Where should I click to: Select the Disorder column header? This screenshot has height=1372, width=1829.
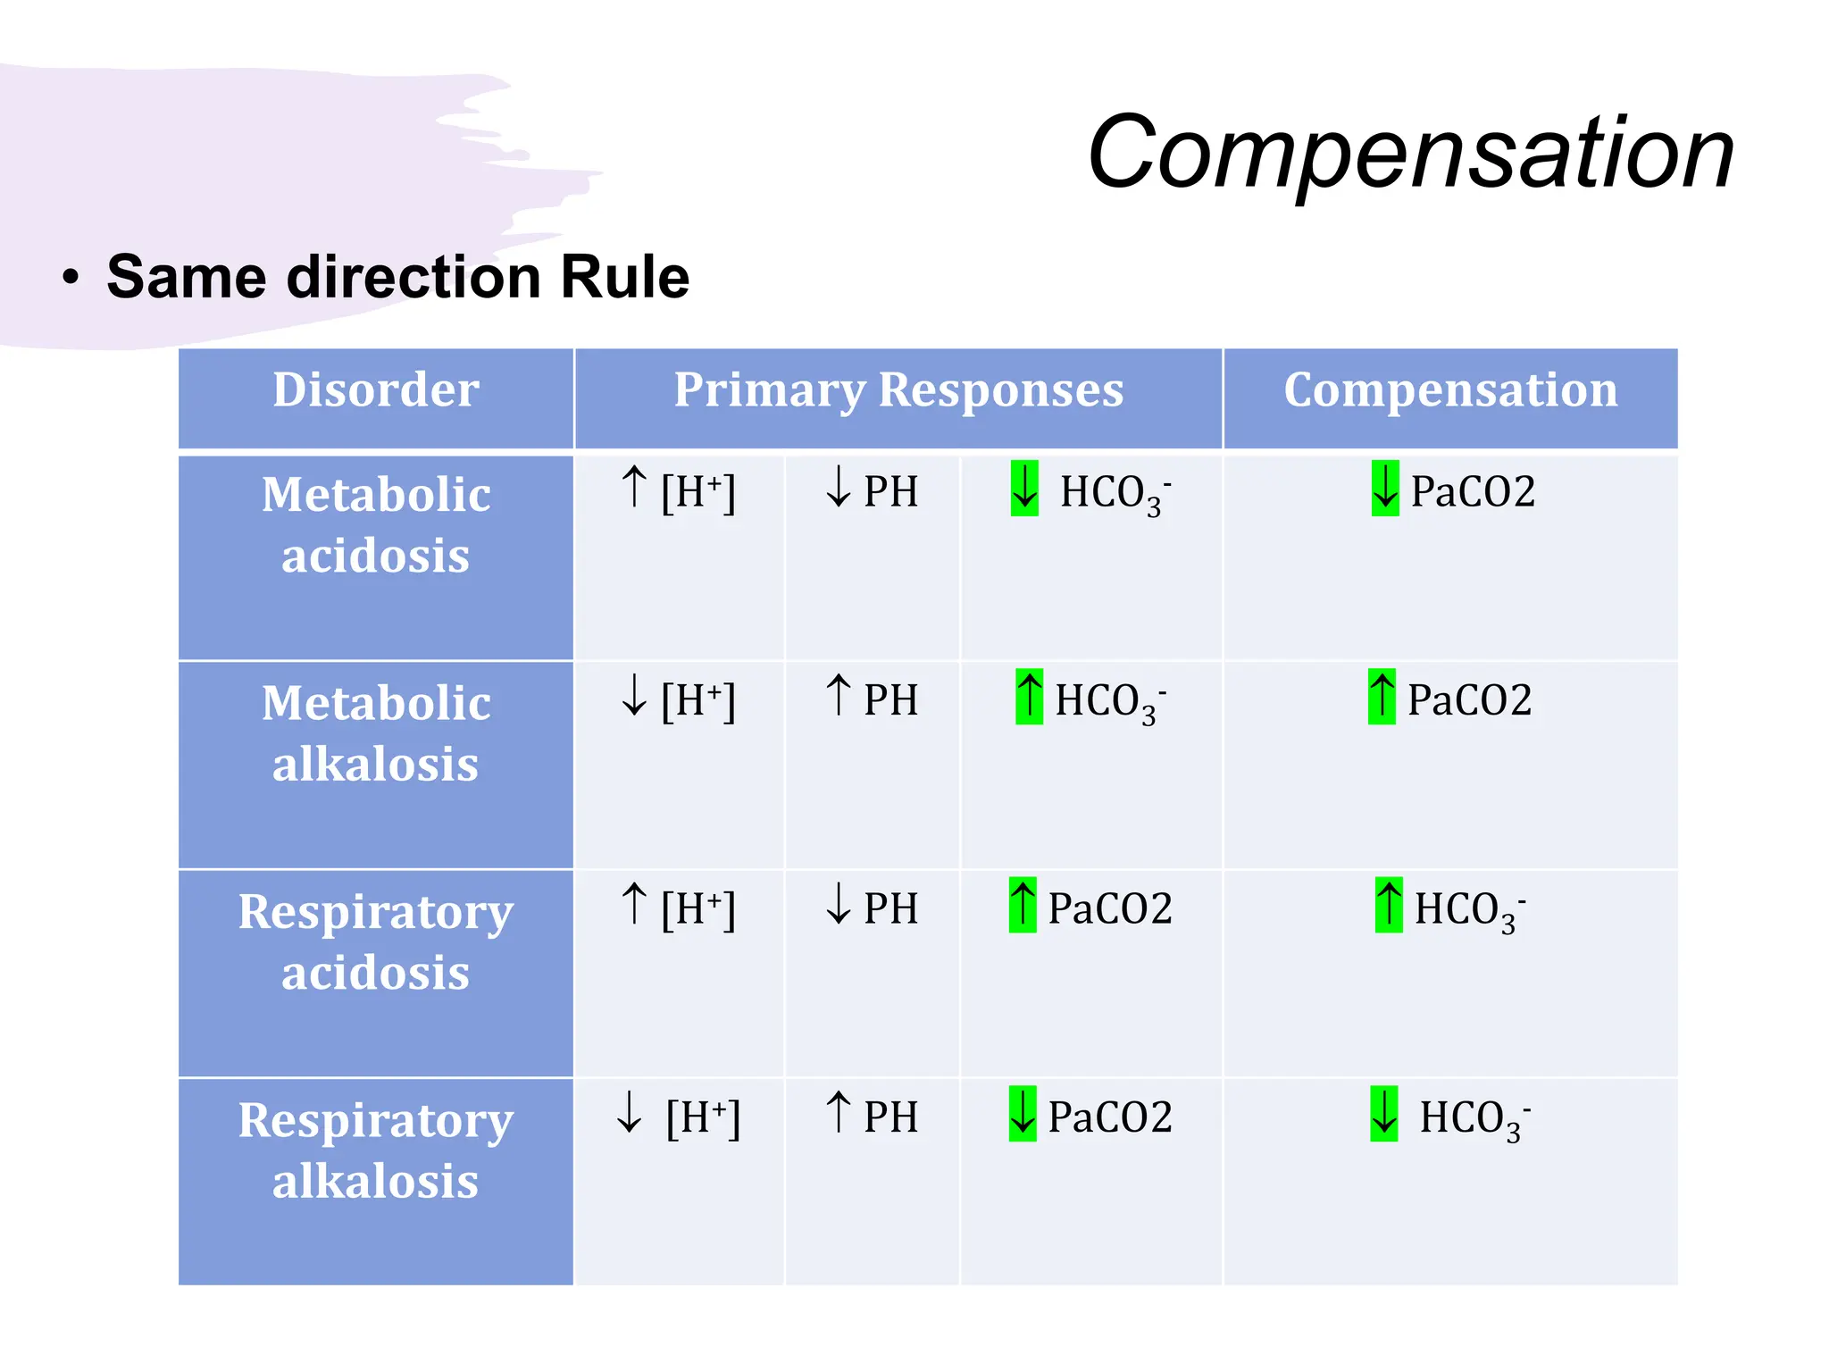[375, 390]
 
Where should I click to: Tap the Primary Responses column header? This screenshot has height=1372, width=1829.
[898, 390]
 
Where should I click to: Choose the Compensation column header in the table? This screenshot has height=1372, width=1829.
[1450, 390]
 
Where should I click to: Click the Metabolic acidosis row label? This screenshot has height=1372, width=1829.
[375, 524]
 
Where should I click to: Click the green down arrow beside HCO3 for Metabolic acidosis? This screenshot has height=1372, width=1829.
[1024, 489]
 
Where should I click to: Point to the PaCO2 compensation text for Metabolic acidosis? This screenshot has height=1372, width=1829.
[1473, 491]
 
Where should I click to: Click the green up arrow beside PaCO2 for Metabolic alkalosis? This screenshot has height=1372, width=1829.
[1382, 697]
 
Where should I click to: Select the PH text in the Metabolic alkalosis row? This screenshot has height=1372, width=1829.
[890, 699]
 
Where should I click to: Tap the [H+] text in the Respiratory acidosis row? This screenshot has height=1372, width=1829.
[698, 908]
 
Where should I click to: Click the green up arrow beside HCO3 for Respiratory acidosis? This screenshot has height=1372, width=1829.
[1389, 905]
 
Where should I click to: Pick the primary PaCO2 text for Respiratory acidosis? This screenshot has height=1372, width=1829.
[1109, 908]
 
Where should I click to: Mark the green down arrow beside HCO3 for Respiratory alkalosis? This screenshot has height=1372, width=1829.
[1384, 1114]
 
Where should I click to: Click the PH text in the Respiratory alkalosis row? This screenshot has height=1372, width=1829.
[890, 1117]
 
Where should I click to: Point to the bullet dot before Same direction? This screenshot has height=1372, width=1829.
[71, 278]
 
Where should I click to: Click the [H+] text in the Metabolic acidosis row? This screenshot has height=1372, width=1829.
[698, 491]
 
